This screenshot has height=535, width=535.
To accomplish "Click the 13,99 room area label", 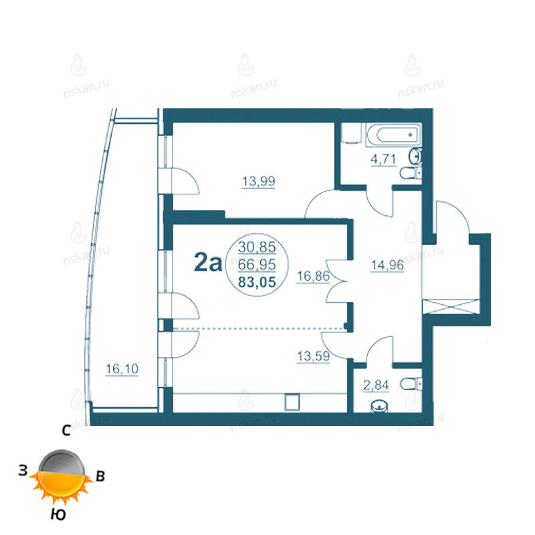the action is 258,181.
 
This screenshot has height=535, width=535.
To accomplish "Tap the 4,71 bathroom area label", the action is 383,159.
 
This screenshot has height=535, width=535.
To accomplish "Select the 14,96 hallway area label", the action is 387,265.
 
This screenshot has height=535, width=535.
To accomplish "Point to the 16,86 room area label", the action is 313,276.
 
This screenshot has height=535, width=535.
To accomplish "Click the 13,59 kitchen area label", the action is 313,356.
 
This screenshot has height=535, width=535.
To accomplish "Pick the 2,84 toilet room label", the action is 376,385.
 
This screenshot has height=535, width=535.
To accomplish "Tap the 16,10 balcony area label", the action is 122,369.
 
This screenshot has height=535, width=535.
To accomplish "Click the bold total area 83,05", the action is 257,282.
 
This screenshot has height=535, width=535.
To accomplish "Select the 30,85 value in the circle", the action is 257,247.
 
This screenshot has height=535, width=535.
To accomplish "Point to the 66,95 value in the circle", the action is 257,264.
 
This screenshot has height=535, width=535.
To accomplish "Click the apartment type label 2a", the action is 208,262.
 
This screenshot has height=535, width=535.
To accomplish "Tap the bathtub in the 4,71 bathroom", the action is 393,134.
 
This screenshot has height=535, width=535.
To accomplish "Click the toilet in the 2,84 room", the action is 411,384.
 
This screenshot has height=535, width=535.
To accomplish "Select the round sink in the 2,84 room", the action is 379,407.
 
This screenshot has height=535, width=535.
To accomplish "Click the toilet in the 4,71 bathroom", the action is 411,173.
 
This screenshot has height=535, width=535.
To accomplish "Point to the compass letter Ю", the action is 58,514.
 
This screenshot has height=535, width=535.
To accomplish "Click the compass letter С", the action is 66,431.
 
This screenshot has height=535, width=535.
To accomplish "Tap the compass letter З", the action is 23,471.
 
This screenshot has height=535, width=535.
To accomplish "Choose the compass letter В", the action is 100,476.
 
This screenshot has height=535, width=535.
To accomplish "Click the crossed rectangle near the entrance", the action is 451,306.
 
